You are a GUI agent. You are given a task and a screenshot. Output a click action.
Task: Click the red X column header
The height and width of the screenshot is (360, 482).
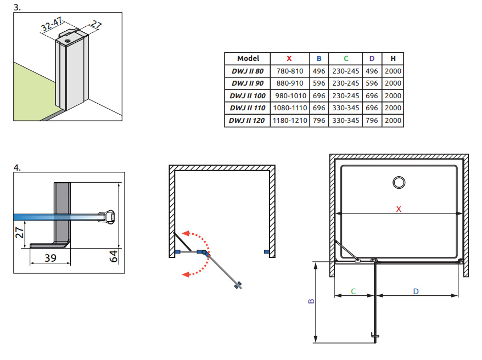click(289, 59)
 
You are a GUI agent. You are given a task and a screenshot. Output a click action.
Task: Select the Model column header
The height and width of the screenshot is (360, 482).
click(248, 59)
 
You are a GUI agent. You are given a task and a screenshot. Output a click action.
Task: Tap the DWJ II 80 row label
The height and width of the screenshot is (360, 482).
click(248, 71)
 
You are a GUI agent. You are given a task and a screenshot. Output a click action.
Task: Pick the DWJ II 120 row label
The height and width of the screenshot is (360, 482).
click(248, 120)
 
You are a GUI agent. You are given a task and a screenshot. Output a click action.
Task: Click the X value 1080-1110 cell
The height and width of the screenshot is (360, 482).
click(289, 108)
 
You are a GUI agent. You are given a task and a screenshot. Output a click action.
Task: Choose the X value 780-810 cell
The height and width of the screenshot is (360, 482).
click(289, 71)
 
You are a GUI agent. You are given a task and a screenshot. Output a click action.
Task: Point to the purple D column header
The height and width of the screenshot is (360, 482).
click(372, 59)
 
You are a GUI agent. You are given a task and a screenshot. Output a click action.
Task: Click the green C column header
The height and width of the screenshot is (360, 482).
click(345, 59)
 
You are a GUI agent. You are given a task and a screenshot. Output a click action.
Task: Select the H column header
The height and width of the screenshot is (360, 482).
click(393, 59)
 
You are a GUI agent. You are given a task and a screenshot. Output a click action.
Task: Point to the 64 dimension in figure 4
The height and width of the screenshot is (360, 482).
click(114, 255)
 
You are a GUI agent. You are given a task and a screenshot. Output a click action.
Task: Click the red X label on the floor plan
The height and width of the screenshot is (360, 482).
click(399, 209)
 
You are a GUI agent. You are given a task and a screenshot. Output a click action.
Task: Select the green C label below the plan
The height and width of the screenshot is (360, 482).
click(354, 291)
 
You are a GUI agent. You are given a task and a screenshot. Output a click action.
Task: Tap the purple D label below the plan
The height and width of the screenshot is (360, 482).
click(416, 291)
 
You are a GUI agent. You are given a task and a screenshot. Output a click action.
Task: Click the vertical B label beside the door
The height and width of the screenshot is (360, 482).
click(311, 301)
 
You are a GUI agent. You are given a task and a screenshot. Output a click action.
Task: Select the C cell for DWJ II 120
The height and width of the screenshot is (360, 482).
click(345, 120)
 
